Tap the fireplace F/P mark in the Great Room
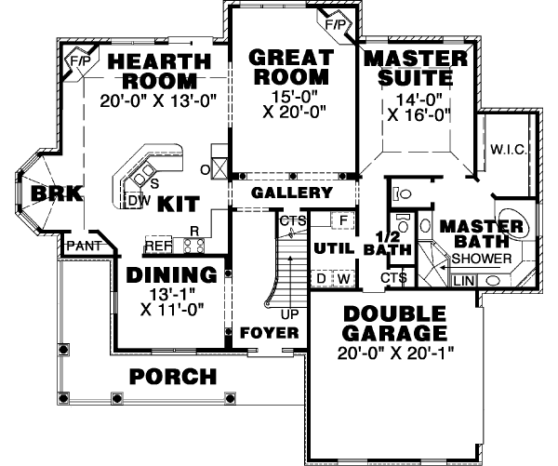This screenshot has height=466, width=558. point(333,22)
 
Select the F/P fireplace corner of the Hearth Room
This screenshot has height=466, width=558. point(79,60)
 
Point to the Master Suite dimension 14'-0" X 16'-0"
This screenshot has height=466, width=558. point(416,106)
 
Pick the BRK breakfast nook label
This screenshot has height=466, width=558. point(43,193)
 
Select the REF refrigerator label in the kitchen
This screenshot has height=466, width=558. point(158,246)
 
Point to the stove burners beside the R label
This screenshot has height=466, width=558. point(193,246)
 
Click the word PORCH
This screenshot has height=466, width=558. point(173,377)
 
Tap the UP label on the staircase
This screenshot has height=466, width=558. point(290,314)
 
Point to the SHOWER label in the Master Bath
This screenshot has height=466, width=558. point(483,258)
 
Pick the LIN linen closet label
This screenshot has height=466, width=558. point(463,279)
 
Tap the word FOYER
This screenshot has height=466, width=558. point(269,332)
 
